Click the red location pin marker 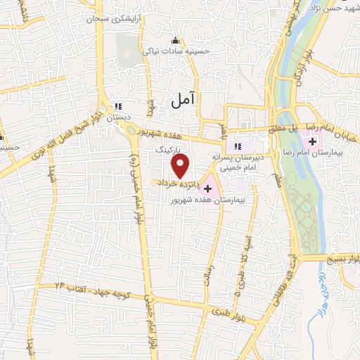point(181,166)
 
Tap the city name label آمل point(183,101)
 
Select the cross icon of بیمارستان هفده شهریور point(207,188)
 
